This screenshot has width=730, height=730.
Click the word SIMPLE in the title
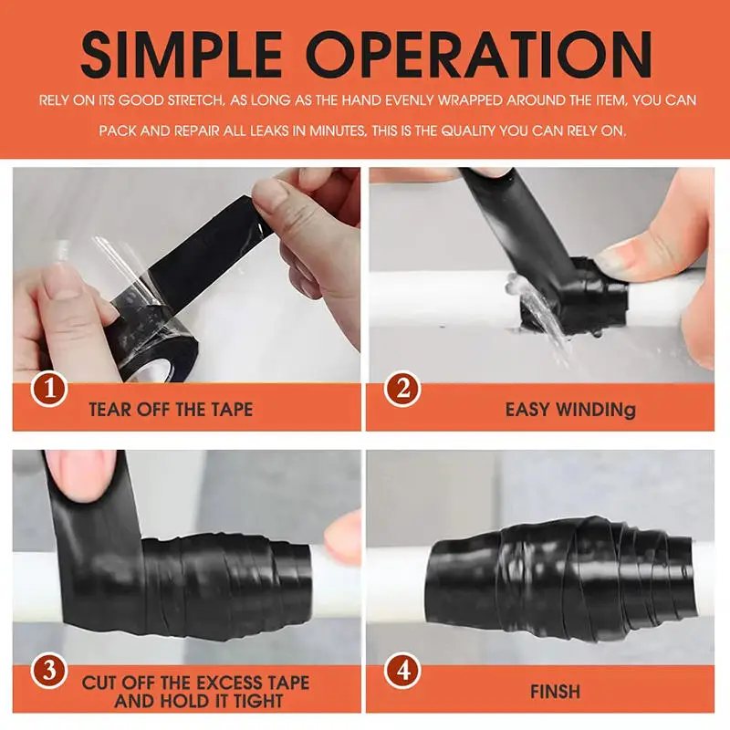click(x=182, y=55)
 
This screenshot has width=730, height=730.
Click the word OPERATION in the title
click(x=479, y=55)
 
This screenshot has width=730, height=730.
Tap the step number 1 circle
click(x=49, y=389)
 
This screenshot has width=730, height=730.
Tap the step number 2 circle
click(x=402, y=389)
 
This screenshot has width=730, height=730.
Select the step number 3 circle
click(x=49, y=671)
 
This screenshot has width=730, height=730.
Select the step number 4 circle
click(x=402, y=671)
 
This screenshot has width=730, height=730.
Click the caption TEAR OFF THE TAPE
click(x=171, y=410)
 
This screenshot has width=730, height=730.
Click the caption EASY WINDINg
click(x=570, y=410)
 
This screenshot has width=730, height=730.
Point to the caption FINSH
click(x=555, y=692)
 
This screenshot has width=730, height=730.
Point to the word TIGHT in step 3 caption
click(x=258, y=701)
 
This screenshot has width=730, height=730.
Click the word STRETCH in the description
click(x=196, y=100)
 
